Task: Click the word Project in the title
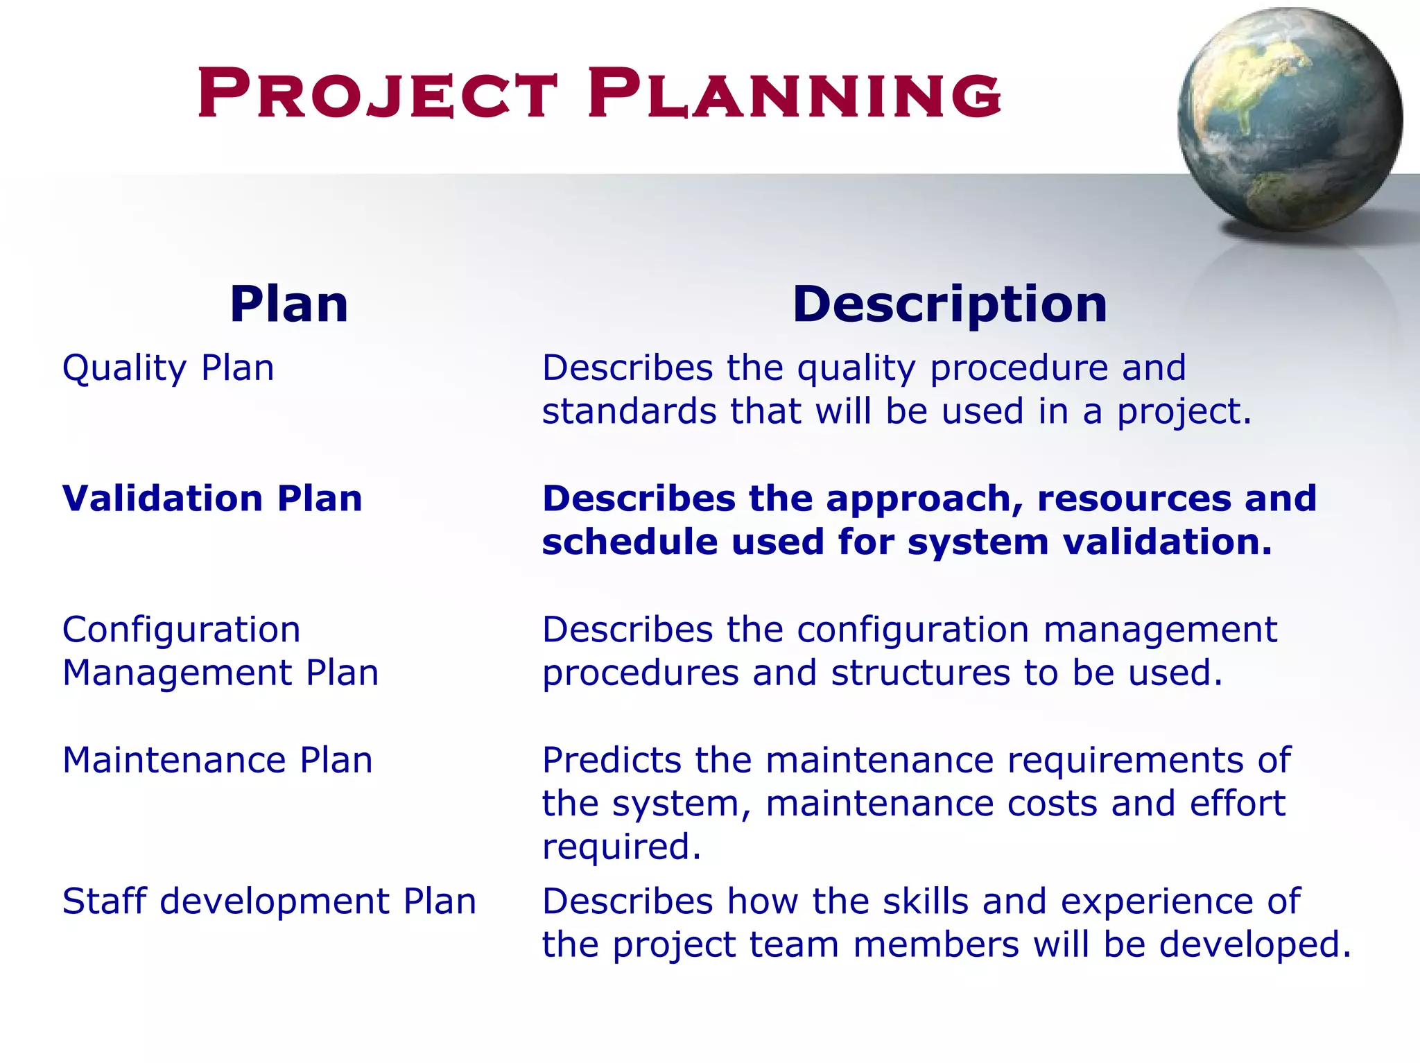click(x=378, y=94)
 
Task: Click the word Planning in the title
click(x=794, y=94)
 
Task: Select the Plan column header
click(x=288, y=304)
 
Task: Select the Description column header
click(x=949, y=304)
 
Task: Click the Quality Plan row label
click(x=168, y=368)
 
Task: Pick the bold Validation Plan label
click(x=212, y=499)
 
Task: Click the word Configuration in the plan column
click(x=181, y=630)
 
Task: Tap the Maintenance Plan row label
click(x=217, y=760)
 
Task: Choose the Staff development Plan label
click(x=269, y=901)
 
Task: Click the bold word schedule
click(x=629, y=542)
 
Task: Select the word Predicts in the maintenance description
click(x=612, y=760)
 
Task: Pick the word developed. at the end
click(x=1255, y=944)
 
